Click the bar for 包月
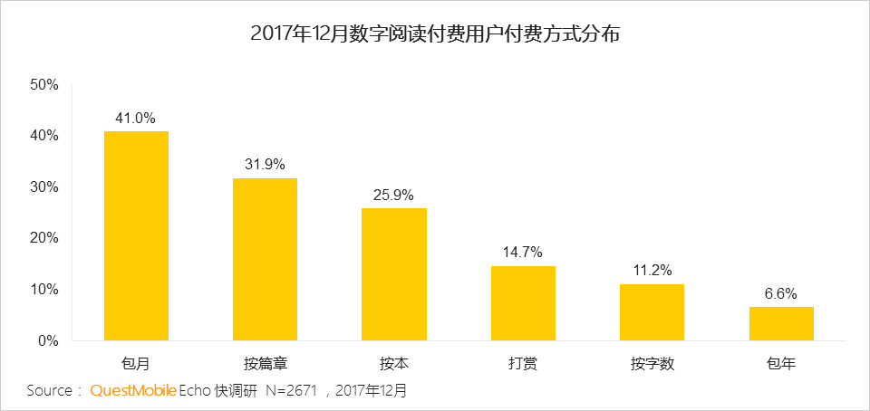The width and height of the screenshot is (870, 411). pyautogui.click(x=136, y=236)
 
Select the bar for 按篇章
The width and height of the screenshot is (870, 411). pyautogui.click(x=265, y=260)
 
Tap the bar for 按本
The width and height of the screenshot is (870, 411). pyautogui.click(x=394, y=274)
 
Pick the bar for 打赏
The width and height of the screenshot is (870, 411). pyautogui.click(x=523, y=303)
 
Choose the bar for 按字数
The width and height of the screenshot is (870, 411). pyautogui.click(x=652, y=312)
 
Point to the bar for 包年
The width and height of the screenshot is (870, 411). pyautogui.click(x=781, y=324)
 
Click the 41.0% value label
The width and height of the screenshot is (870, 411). pyautogui.click(x=136, y=118)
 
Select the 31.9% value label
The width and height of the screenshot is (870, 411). pyautogui.click(x=265, y=165)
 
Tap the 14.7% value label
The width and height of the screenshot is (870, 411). pyautogui.click(x=523, y=253)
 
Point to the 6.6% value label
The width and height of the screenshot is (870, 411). pyautogui.click(x=781, y=293)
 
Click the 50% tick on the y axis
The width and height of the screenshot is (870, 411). pyautogui.click(x=44, y=85)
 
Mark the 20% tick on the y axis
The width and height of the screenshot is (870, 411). pyautogui.click(x=44, y=238)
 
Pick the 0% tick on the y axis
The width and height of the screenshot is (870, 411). pyautogui.click(x=48, y=341)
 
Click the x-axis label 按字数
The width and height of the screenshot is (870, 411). pyautogui.click(x=652, y=365)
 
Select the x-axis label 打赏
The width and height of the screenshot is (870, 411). pyautogui.click(x=523, y=365)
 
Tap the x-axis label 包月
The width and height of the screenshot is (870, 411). pyautogui.click(x=136, y=365)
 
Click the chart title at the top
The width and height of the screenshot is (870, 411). pyautogui.click(x=435, y=35)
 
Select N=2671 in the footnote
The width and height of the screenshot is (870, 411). pyautogui.click(x=293, y=392)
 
